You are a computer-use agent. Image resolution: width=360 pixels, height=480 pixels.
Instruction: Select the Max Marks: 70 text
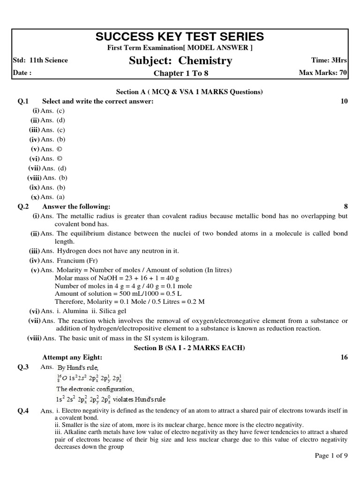click(x=323, y=73)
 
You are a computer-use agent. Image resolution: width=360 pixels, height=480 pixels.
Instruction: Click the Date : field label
click(x=22, y=73)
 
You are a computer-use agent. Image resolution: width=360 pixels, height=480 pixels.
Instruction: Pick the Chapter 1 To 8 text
click(x=180, y=73)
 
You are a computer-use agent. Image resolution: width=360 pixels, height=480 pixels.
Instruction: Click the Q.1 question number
click(x=23, y=101)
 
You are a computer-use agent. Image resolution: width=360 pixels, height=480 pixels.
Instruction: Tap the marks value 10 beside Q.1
click(x=344, y=101)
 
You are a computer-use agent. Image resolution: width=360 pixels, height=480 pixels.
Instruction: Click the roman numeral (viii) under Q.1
click(x=34, y=178)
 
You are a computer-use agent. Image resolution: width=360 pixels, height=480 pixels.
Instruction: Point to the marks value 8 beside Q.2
click(x=345, y=206)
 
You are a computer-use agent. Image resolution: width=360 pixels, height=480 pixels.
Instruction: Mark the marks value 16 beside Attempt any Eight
click(x=344, y=357)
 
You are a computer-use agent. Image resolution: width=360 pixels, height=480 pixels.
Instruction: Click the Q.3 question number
click(x=23, y=367)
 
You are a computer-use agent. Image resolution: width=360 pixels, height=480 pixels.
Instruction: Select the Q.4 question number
click(x=23, y=411)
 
